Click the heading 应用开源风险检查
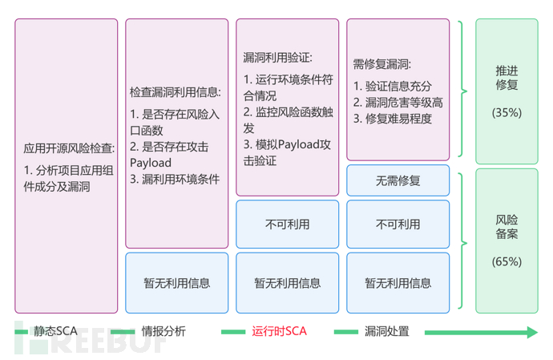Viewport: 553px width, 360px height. point(68,148)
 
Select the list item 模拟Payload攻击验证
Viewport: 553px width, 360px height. point(286,152)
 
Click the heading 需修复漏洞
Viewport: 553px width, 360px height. point(381,63)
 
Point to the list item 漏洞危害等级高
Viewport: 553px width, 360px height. point(398,103)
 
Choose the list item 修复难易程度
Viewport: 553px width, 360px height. point(392,119)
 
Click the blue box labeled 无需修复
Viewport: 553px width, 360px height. point(398,180)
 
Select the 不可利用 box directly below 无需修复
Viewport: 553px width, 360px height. point(398,224)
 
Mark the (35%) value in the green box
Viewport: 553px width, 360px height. point(507,113)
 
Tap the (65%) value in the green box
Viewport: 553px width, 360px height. point(507,261)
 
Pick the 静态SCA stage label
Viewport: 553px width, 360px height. point(54,331)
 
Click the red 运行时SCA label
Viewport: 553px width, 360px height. point(279,331)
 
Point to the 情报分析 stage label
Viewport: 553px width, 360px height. point(163,331)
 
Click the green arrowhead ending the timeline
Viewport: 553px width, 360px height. point(529,331)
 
